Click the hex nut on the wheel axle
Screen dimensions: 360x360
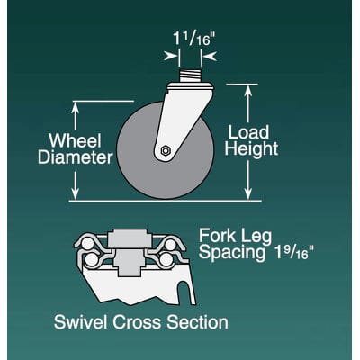click(x=165, y=150)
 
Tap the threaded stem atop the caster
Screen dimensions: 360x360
click(x=190, y=76)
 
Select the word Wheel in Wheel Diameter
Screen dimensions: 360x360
click(x=76, y=140)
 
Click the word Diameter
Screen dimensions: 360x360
click(x=76, y=157)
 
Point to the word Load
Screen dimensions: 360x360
click(x=248, y=132)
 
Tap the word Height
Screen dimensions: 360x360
click(x=251, y=148)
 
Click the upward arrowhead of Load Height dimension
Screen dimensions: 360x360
click(x=247, y=91)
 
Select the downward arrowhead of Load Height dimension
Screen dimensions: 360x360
click(x=247, y=193)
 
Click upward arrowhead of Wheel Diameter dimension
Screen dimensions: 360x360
click(x=75, y=108)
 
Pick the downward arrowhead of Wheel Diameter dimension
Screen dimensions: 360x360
click(x=75, y=193)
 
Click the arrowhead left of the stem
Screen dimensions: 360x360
click(x=171, y=56)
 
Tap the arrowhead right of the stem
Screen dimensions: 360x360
click(x=209, y=56)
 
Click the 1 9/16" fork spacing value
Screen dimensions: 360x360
click(x=292, y=253)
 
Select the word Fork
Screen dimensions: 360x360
click(x=218, y=236)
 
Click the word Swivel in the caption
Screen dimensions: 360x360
click(x=80, y=322)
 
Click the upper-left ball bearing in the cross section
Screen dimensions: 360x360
click(x=87, y=244)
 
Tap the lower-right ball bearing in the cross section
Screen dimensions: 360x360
click(x=166, y=260)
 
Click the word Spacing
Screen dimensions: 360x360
click(x=232, y=253)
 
